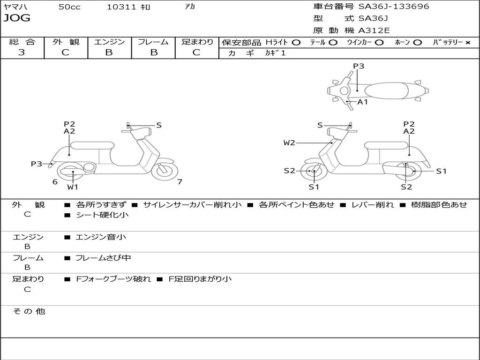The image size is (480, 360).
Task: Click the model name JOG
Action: [x=17, y=18]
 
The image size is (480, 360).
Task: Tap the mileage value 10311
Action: [x=121, y=7]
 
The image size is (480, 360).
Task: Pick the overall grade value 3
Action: [x=22, y=52]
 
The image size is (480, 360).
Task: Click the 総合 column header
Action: [x=22, y=42]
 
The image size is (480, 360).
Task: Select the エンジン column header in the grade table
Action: [x=109, y=42]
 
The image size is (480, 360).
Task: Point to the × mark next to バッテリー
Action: [x=467, y=42]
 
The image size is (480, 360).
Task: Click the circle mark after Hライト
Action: [x=296, y=42]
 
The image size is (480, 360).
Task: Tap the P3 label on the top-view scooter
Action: [x=359, y=66]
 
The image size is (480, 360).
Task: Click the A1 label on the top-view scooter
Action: [x=363, y=102]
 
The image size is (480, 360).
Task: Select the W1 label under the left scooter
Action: [x=72, y=187]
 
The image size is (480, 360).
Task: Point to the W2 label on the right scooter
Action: [x=289, y=142]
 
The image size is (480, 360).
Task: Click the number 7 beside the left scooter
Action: [x=180, y=182]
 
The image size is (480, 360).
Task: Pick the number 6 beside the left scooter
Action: [x=55, y=182]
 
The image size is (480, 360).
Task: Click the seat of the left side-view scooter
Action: [x=92, y=145]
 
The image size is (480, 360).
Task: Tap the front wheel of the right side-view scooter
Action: [x=314, y=172]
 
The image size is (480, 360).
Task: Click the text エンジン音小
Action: [x=101, y=237]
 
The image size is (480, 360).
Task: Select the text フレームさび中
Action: [x=103, y=258]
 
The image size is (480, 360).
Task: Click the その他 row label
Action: [x=29, y=311]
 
